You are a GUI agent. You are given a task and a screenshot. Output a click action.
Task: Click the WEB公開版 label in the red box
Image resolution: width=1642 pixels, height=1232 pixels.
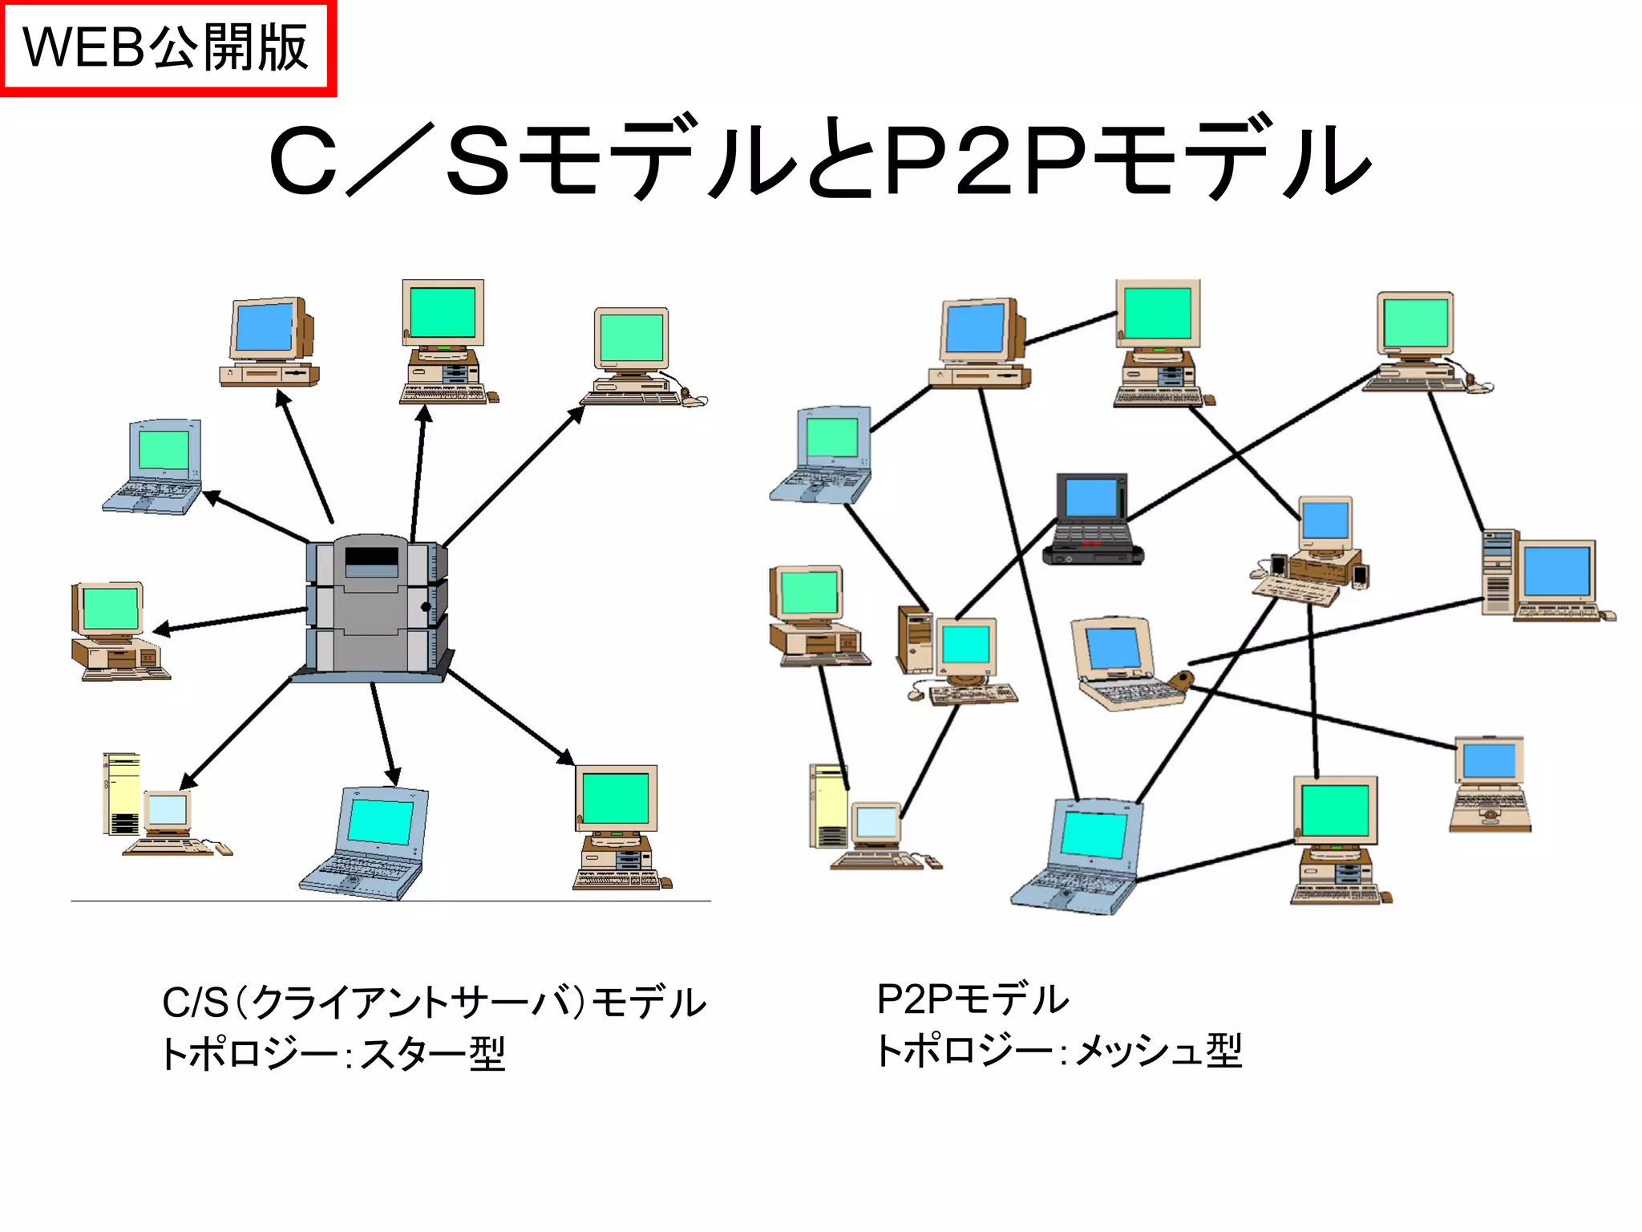[166, 47]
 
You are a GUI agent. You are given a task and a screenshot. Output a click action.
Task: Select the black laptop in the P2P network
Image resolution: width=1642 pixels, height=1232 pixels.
[1093, 520]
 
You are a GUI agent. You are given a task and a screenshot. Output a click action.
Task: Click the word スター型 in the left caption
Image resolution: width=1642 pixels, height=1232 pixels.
[433, 1053]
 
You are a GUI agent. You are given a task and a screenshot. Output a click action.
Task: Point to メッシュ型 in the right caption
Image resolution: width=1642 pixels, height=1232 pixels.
[1159, 1050]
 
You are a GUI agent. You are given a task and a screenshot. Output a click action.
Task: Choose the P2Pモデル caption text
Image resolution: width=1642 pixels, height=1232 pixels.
[973, 999]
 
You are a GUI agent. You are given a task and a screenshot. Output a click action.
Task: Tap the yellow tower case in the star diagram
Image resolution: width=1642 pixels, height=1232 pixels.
[121, 794]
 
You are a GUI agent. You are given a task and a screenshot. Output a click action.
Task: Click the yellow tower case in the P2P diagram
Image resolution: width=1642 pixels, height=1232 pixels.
[828, 806]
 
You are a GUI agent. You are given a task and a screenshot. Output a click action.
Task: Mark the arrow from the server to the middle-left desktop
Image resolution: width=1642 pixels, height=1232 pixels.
[233, 619]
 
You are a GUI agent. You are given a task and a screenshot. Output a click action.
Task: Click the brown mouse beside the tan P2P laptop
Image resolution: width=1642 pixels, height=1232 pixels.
[1179, 682]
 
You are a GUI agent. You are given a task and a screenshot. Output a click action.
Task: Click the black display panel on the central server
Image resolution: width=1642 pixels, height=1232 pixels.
[371, 556]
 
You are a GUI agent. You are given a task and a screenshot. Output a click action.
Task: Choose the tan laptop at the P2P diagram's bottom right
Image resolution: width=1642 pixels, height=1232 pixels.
[1490, 784]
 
